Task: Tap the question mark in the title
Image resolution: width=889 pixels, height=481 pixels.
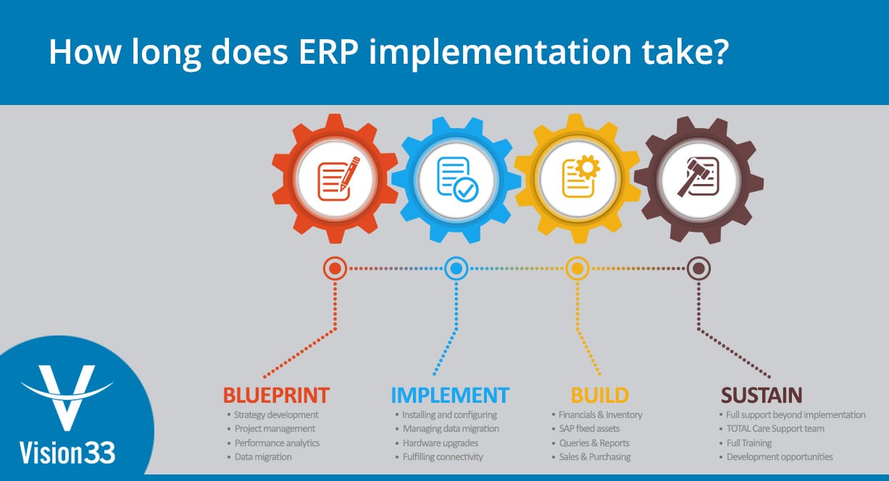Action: coord(717,52)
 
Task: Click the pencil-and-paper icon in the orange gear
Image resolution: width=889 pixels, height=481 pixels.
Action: coord(335,177)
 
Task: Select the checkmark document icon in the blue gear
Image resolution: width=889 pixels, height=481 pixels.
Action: coord(456,177)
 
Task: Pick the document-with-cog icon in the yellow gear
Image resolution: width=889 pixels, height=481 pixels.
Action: coord(577,177)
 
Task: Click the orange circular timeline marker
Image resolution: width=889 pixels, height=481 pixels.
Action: coord(335,269)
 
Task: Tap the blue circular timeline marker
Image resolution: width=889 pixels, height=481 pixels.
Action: coord(456,269)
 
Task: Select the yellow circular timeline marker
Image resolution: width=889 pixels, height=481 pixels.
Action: coord(577,269)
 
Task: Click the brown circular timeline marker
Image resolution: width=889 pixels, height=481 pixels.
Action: coord(698,269)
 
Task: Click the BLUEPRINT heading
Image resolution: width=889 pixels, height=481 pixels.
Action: coord(276,395)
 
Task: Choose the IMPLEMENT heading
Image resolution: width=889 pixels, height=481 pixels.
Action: coord(450,395)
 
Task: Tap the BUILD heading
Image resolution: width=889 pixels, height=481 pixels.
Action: coord(599,395)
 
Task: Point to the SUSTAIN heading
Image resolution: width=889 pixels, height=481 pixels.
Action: coord(761,395)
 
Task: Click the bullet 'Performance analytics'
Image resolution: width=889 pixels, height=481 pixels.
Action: coord(277,443)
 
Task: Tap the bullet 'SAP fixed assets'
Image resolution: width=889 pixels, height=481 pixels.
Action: coord(589,429)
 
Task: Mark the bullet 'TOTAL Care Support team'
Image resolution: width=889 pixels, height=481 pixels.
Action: coord(775,429)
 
